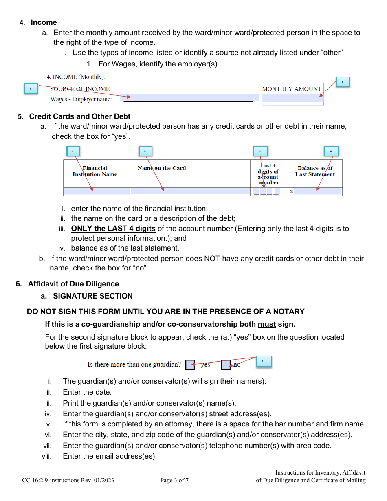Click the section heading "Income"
44,22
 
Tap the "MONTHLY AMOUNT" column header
291,89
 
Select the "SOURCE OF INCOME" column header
80,89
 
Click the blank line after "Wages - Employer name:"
191,99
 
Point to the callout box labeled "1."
31,88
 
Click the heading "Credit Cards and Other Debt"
79,116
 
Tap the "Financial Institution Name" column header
95,171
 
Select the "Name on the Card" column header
161,168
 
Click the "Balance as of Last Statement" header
315,171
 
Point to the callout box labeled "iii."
260,151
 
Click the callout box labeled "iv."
331,151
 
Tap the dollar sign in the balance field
291,191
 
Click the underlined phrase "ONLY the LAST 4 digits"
113,229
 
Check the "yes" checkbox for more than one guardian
190,365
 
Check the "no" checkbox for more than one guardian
226,365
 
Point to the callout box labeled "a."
263,361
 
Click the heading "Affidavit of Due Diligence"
73,284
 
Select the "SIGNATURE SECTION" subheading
92,296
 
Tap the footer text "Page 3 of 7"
174,480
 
